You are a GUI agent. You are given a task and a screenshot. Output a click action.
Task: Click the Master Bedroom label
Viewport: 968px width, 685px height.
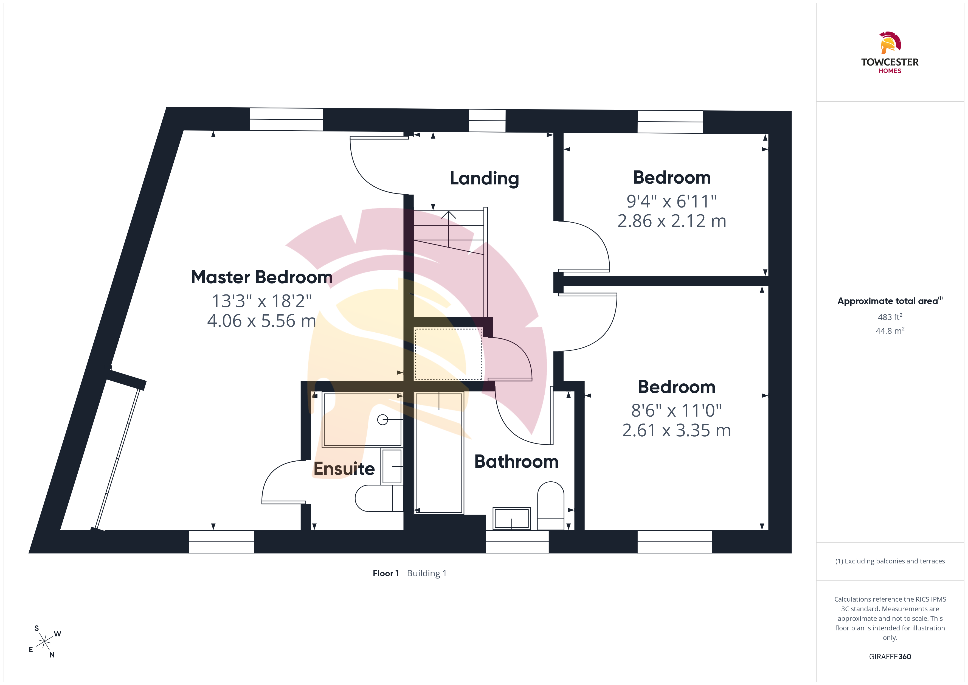point(262,277)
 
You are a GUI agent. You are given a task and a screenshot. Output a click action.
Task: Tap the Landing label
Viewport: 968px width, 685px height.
point(485,178)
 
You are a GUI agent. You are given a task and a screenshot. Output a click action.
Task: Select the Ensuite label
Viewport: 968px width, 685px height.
point(344,469)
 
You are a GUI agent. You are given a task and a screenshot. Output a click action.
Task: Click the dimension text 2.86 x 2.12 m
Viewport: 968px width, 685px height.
point(672,221)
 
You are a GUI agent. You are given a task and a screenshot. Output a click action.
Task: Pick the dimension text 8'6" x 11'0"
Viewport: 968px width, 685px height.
point(677,410)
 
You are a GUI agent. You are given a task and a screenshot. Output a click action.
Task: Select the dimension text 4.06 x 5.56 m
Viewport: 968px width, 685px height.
point(261,321)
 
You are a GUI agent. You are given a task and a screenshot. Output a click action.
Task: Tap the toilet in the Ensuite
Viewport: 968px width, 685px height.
point(379,498)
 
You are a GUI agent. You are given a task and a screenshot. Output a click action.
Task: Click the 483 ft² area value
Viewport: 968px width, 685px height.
point(890,317)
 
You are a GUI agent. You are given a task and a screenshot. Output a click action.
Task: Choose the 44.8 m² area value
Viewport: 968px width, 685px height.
point(890,331)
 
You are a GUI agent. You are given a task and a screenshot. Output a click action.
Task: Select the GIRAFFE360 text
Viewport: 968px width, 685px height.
point(890,657)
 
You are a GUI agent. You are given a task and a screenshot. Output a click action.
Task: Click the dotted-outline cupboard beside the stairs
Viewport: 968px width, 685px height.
point(448,354)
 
